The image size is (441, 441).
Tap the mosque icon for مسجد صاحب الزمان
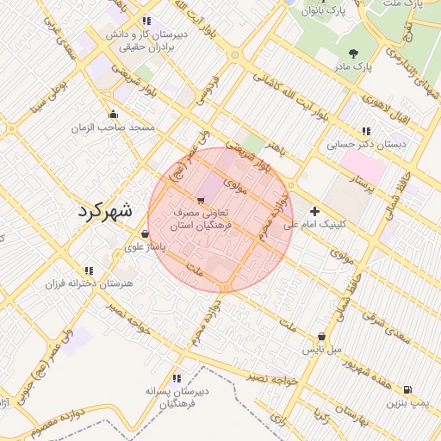point(113,114)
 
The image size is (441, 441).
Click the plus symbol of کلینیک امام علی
point(314,210)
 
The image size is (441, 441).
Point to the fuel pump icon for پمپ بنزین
point(407,389)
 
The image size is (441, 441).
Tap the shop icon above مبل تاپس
point(321,337)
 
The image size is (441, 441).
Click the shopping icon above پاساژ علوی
point(144,233)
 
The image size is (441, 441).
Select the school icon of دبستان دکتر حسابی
point(366,132)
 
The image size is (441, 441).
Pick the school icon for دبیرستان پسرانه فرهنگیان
point(177,377)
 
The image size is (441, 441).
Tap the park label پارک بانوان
point(323,11)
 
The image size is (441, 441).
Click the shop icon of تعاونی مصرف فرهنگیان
point(201,200)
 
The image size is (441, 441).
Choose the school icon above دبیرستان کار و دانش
point(146,21)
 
